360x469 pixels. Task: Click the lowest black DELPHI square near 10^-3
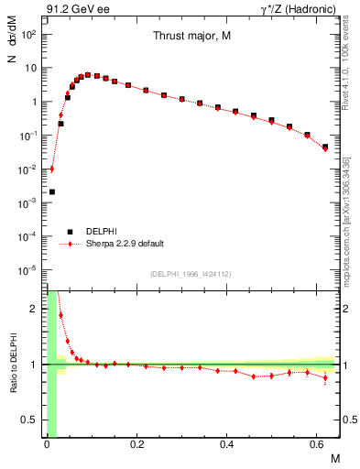(x=52, y=191)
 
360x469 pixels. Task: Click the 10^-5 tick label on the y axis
(x=30, y=270)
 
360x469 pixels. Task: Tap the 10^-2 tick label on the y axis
(x=30, y=169)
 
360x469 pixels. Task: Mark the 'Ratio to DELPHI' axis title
(x=10, y=365)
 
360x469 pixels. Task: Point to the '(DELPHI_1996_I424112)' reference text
(x=191, y=274)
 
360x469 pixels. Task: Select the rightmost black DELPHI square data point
(x=325, y=147)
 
